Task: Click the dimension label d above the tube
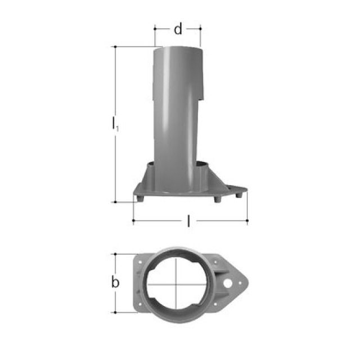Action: (x=178, y=30)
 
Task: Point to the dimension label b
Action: (x=115, y=282)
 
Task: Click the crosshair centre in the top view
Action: (x=176, y=284)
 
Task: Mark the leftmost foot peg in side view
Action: (x=136, y=198)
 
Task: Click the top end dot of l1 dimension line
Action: (x=115, y=47)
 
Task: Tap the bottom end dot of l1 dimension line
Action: (x=115, y=201)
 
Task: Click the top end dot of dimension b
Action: (x=115, y=254)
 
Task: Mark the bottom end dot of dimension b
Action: (x=115, y=313)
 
